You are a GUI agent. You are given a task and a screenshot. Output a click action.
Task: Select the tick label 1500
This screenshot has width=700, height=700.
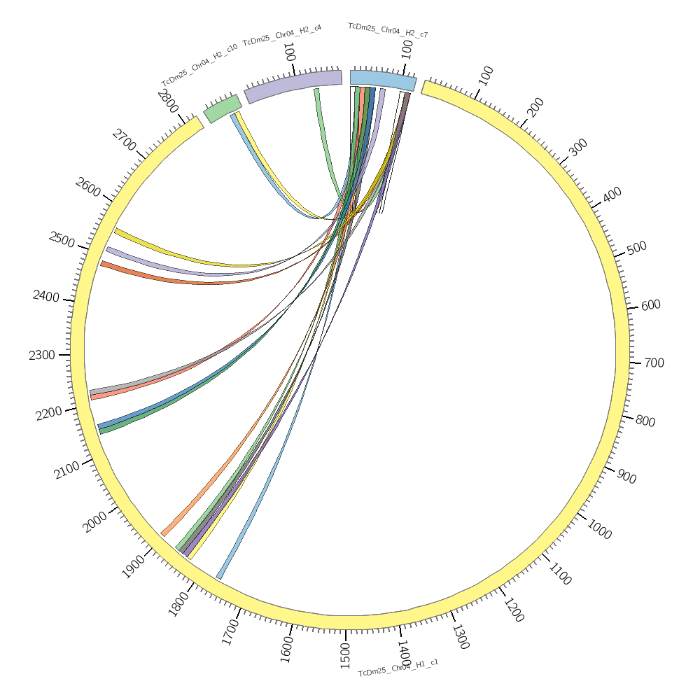pos(345,657)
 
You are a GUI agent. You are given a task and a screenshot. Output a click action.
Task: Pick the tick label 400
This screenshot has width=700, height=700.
pos(612,195)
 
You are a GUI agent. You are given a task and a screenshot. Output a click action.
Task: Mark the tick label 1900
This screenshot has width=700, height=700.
pos(134,567)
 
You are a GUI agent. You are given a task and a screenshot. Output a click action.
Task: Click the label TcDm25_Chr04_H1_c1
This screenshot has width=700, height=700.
pos(398,668)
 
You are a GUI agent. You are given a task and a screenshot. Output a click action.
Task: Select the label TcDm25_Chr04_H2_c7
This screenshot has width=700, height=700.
pos(388,30)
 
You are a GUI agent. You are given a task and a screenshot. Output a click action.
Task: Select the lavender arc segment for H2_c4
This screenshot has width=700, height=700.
pos(293,86)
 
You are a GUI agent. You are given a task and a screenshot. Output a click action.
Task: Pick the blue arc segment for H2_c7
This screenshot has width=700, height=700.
pos(383,80)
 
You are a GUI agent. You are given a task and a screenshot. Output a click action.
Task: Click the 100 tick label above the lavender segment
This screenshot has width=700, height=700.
pos(288,52)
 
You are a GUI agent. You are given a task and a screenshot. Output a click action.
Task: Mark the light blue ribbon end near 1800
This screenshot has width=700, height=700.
pos(220,576)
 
